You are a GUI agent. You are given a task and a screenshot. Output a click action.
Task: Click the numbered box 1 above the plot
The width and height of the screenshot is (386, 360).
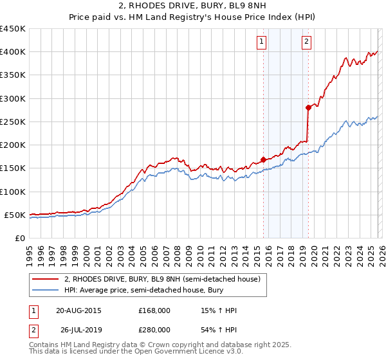tap(262, 42)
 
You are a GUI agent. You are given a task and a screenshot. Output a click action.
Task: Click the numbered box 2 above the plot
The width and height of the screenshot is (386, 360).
tap(307, 42)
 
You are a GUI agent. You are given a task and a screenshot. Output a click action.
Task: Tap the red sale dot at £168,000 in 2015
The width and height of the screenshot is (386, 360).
tap(263, 159)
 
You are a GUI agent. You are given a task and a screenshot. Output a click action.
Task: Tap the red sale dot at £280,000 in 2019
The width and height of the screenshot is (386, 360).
tap(308, 107)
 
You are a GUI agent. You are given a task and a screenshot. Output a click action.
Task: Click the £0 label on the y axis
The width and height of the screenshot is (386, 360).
tap(19, 238)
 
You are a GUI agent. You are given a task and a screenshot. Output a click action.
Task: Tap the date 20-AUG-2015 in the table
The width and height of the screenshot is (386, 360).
tap(78, 310)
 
